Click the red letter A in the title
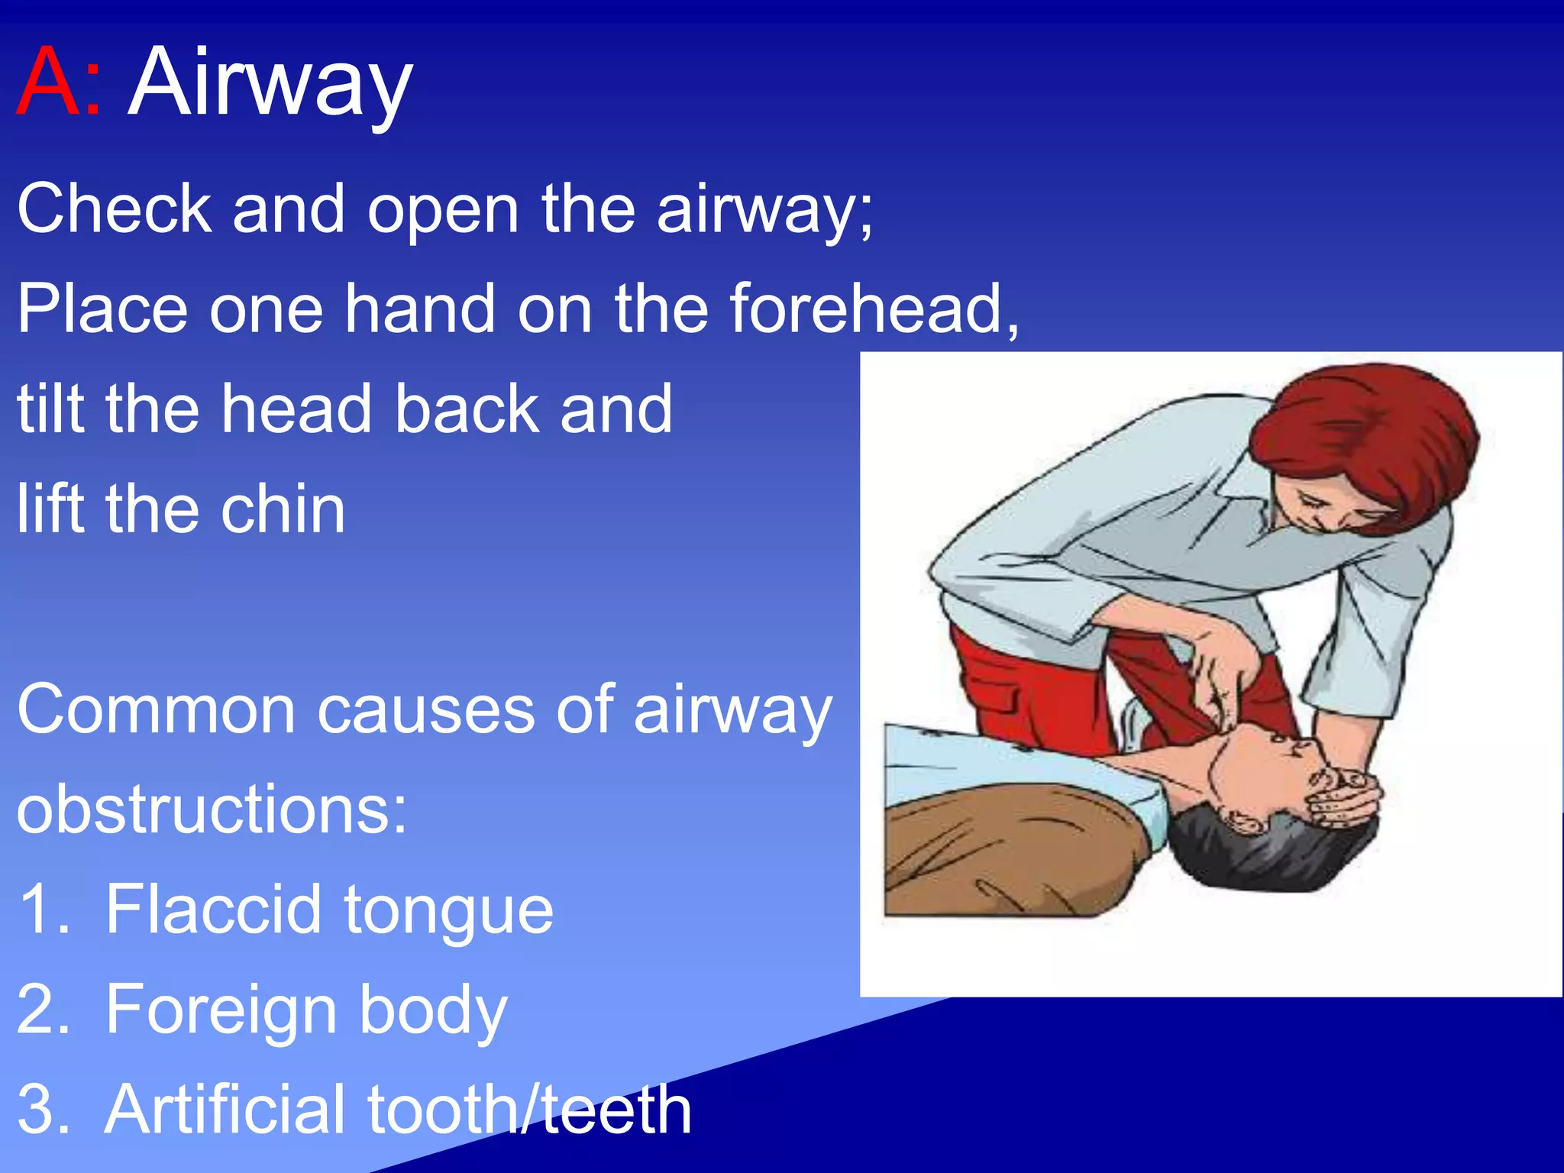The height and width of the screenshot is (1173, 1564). coord(47,82)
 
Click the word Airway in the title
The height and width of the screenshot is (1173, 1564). coord(270,84)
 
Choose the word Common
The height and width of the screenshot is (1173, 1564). coord(157,710)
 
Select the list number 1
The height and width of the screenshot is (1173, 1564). coord(42,910)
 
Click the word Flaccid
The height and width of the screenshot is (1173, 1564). coord(213,910)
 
